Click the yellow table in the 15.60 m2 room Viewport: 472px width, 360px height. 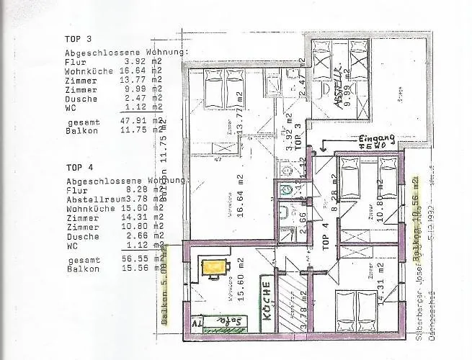pos(213,267)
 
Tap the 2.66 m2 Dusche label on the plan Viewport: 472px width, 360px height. pos(289,214)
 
